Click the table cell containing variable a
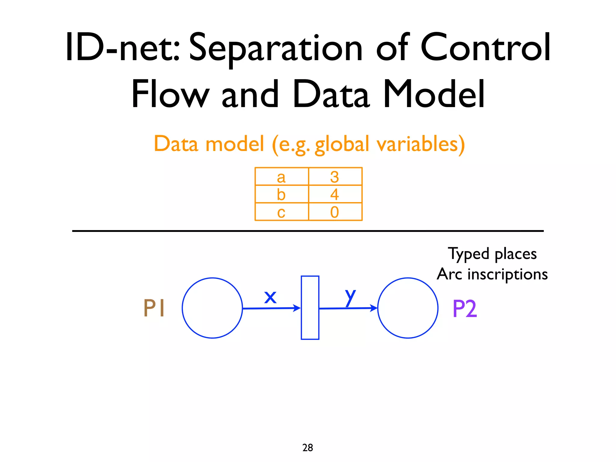click(282, 177)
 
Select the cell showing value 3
click(335, 177)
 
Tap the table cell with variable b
click(282, 194)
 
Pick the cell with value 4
click(335, 194)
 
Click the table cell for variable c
click(282, 212)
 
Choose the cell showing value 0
click(335, 212)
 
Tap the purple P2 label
click(464, 309)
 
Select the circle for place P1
click(212, 308)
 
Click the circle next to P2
click(408, 308)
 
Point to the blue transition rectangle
click(310, 307)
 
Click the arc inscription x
click(270, 297)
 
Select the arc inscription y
click(350, 297)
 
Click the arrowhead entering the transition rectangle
click(297, 308)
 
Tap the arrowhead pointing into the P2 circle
click(374, 308)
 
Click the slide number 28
click(307, 448)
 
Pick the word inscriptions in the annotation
click(508, 274)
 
